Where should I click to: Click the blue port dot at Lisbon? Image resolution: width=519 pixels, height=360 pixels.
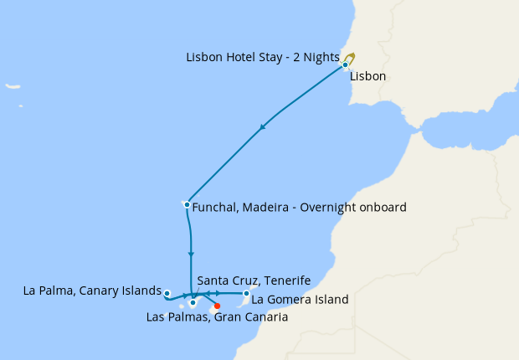coord(345,64)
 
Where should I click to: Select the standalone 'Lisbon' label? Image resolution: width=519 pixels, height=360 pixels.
coord(368,76)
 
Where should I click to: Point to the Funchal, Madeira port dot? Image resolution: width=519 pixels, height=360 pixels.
coord(186,204)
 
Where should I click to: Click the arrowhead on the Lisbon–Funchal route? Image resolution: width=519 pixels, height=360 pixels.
coord(263,127)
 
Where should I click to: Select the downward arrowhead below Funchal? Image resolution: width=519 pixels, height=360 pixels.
coord(192,254)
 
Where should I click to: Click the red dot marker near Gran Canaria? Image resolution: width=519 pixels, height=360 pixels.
coord(218,306)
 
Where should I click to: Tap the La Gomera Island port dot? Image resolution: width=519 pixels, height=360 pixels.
coord(246,293)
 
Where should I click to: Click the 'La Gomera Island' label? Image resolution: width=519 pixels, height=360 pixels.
coord(300,299)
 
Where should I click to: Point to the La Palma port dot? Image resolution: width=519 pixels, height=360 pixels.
coord(167,293)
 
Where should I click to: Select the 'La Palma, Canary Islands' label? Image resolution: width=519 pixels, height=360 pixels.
coord(92,291)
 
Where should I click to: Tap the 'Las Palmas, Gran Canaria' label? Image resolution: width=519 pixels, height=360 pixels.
coord(217,317)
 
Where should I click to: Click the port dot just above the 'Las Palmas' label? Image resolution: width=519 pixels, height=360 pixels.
coord(193,303)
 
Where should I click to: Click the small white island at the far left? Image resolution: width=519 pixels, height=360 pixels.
coord(12,85)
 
